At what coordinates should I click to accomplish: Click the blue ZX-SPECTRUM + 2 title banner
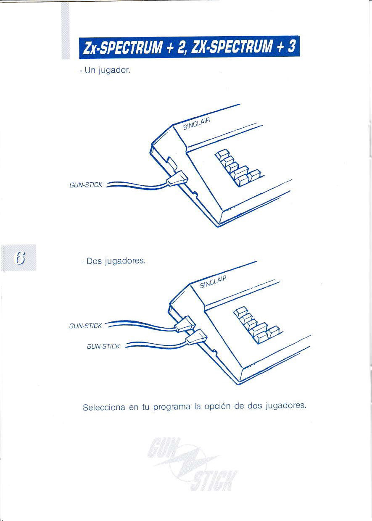tap(190, 47)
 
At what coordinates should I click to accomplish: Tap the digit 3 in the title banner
tap(291, 46)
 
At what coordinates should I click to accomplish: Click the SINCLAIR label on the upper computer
tap(197, 124)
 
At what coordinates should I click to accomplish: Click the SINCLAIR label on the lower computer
tap(213, 282)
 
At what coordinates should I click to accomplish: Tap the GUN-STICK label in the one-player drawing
tap(86, 185)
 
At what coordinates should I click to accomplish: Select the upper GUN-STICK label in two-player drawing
tap(85, 326)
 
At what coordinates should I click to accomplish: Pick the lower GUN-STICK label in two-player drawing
tap(103, 346)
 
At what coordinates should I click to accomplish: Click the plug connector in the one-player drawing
tap(177, 177)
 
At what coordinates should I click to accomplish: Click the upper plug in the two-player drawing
tap(185, 324)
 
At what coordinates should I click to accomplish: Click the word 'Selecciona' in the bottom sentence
tap(104, 407)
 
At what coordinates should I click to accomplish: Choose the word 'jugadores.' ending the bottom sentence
tap(286, 406)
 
